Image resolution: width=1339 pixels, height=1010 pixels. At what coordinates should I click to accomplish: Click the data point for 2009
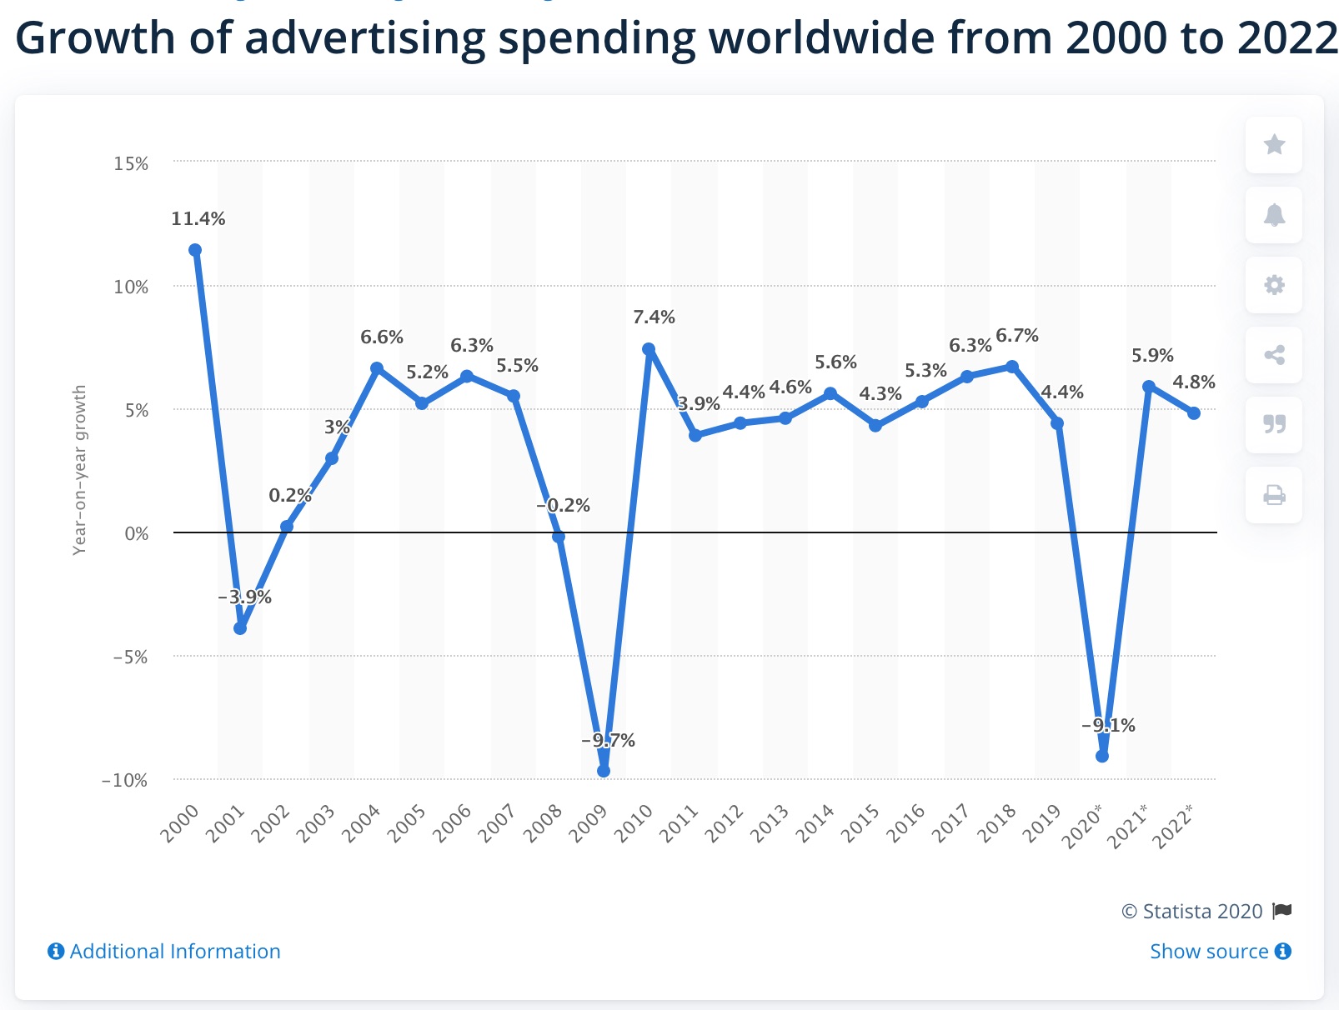click(x=604, y=771)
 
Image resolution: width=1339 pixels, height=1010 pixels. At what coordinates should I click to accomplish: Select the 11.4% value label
click(x=198, y=219)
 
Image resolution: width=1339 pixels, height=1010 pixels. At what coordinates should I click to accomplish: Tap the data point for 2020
click(x=1102, y=756)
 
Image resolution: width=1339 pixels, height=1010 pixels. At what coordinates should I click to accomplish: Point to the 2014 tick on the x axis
click(x=815, y=824)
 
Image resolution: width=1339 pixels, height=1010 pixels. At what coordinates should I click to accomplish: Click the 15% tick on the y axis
click(x=131, y=164)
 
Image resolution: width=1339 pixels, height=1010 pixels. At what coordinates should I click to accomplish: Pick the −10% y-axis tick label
click(x=124, y=781)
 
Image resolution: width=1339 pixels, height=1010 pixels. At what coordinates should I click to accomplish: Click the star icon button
click(x=1274, y=145)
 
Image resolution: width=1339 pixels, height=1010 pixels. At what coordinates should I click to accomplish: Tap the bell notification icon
click(x=1274, y=215)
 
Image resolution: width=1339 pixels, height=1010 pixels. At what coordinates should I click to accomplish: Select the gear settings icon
click(x=1274, y=285)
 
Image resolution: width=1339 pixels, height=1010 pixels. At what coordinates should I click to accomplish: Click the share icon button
click(x=1274, y=355)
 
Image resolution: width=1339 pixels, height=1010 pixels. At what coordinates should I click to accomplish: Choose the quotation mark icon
click(x=1274, y=425)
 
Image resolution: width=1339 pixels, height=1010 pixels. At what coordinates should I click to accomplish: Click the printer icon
click(x=1274, y=496)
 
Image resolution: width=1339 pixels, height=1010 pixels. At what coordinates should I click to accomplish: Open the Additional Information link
click(x=164, y=952)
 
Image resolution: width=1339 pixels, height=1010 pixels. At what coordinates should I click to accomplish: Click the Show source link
click(x=1220, y=952)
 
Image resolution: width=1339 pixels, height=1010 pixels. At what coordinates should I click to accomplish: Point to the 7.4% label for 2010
click(x=654, y=317)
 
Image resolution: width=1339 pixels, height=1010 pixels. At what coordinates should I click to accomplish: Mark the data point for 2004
click(x=377, y=368)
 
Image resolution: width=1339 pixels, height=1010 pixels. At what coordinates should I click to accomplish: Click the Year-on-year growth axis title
click(x=80, y=470)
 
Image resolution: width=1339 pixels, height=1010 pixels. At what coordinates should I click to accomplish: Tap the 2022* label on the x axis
click(x=1173, y=826)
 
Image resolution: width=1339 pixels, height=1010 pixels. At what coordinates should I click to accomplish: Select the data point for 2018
click(x=1012, y=367)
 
